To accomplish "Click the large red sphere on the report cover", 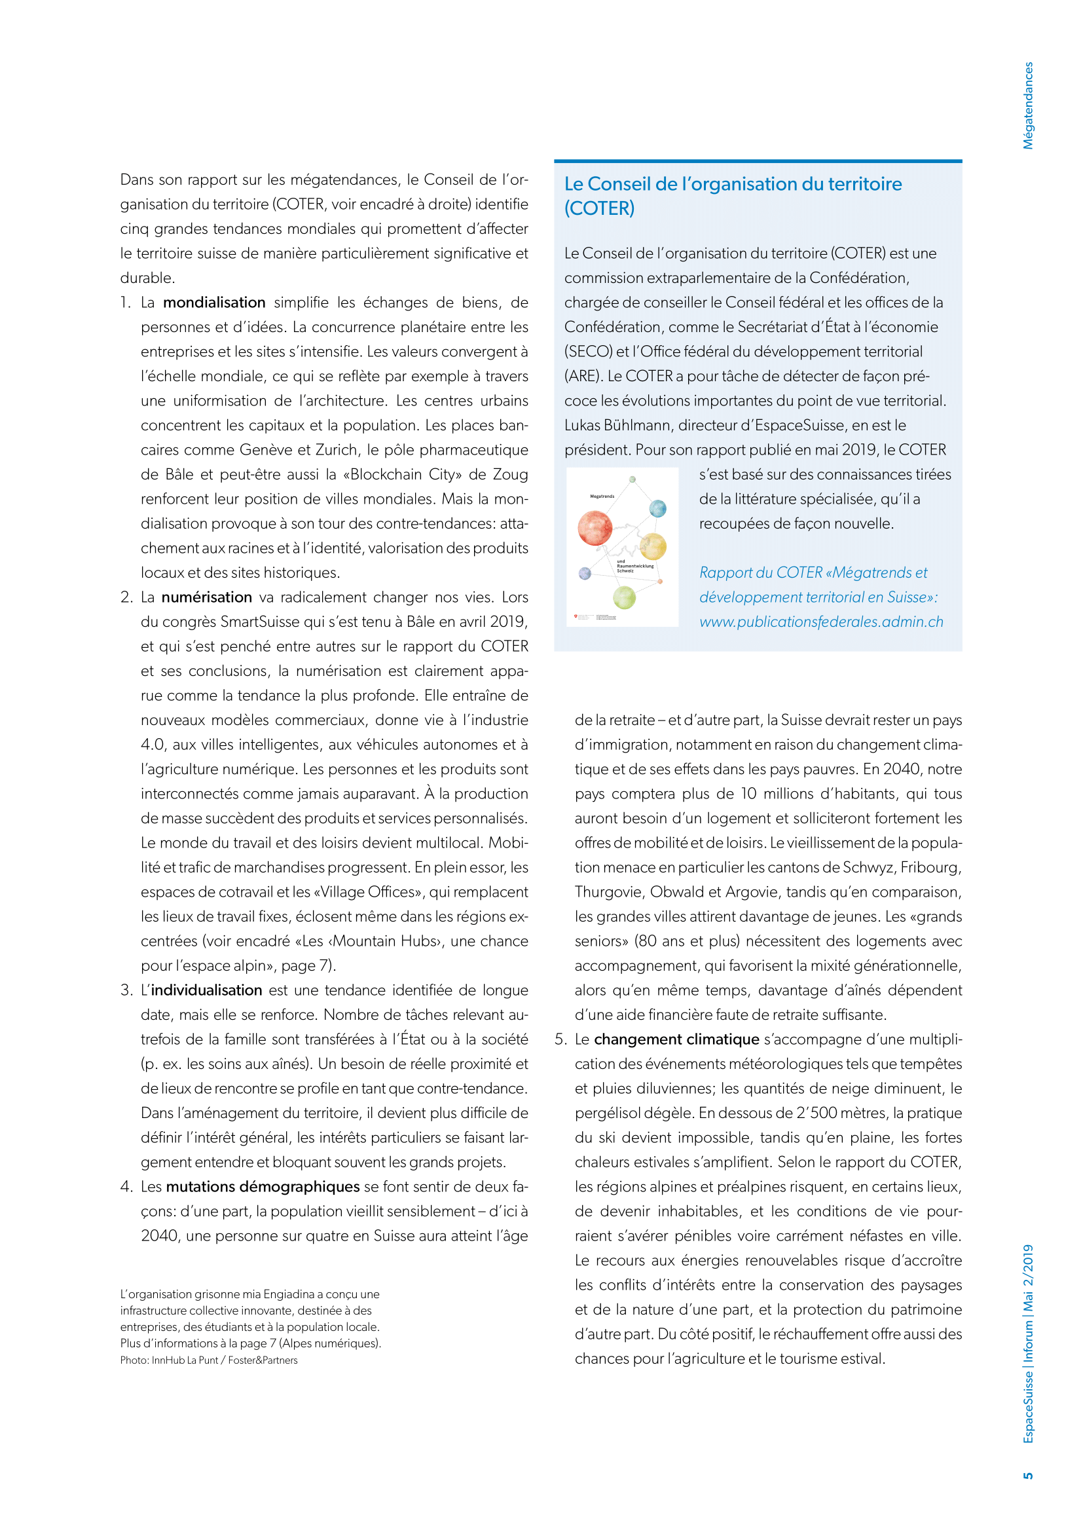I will coord(595,528).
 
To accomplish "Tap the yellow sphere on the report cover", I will coord(653,546).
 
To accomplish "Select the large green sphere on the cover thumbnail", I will coord(624,597).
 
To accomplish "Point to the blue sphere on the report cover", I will coord(657,508).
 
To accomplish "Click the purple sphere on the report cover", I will coord(585,573).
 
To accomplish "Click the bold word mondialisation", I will coord(214,302).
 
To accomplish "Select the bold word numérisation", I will coord(207,597).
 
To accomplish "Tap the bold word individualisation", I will coord(206,990).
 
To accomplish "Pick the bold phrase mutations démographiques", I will coord(263,1186).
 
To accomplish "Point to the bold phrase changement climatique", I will coord(676,1039).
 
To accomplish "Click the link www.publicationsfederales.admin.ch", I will coord(821,622).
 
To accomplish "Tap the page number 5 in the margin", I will coord(1027,1475).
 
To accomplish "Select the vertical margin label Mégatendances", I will coord(1027,105).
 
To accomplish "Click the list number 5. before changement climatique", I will coord(561,1039).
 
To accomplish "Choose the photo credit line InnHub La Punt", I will coord(209,1360).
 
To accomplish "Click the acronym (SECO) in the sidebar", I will coord(588,352).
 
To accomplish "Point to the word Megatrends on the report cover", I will coord(602,496).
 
